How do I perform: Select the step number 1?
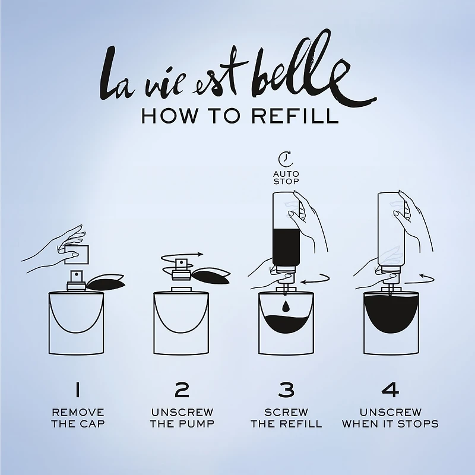pyautogui.click(x=77, y=389)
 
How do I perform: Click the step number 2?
pyautogui.click(x=182, y=389)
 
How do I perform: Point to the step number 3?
pyautogui.click(x=286, y=389)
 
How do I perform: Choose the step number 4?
pyautogui.click(x=390, y=389)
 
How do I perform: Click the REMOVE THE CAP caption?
pyautogui.click(x=78, y=417)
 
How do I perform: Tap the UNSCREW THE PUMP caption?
pyautogui.click(x=182, y=417)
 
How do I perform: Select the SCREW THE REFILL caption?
pyautogui.click(x=286, y=417)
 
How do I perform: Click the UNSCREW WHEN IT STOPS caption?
pyautogui.click(x=390, y=417)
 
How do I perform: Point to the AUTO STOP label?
pyautogui.click(x=286, y=177)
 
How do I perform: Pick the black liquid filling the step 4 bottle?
pyautogui.click(x=390, y=312)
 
